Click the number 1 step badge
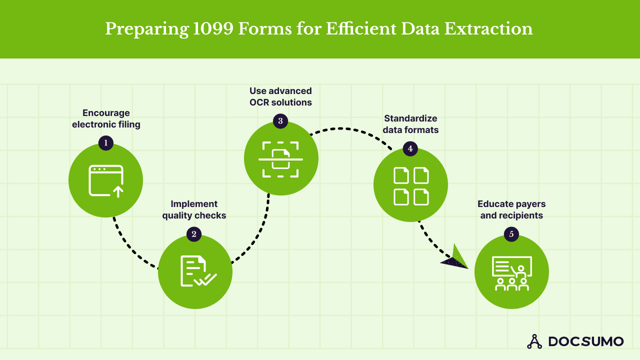click(105, 143)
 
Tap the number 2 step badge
click(194, 233)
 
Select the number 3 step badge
click(280, 120)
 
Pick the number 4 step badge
click(410, 148)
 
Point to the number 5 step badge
click(511, 234)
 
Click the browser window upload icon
click(106, 180)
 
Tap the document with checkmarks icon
click(196, 271)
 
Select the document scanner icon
click(280, 159)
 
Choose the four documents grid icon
click(411, 186)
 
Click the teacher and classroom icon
click(511, 273)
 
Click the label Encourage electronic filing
click(106, 118)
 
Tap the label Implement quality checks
click(194, 209)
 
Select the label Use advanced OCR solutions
click(280, 96)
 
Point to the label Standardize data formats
click(410, 124)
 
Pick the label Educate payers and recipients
click(511, 210)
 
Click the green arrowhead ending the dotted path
click(456, 258)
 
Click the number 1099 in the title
click(213, 29)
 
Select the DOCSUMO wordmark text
click(586, 341)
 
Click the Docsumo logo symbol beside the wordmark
click(534, 341)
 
